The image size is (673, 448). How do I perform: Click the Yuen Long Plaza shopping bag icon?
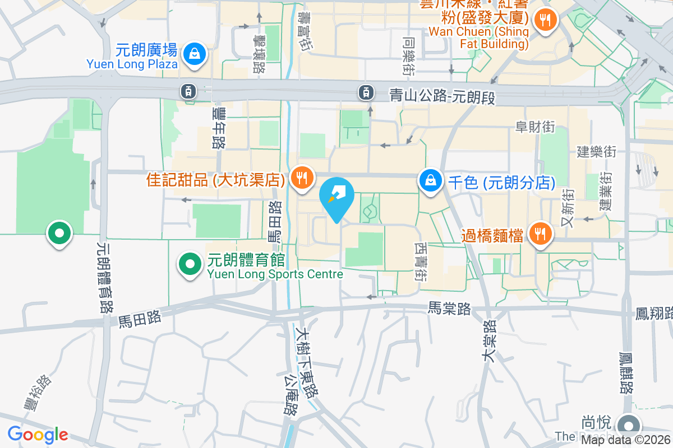[193, 54]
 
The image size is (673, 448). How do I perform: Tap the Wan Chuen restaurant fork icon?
[543, 21]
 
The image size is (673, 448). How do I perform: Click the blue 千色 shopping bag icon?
[430, 181]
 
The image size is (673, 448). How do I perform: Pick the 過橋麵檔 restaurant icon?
[540, 235]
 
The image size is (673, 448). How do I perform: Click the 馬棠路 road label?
[449, 308]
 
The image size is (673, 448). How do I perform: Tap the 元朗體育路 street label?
[104, 277]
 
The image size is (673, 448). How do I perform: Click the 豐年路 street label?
[218, 128]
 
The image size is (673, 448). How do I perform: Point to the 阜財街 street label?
[535, 127]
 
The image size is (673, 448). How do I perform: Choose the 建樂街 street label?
[597, 152]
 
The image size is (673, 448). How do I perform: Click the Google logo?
[38, 435]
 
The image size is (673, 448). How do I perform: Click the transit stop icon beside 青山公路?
[366, 91]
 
